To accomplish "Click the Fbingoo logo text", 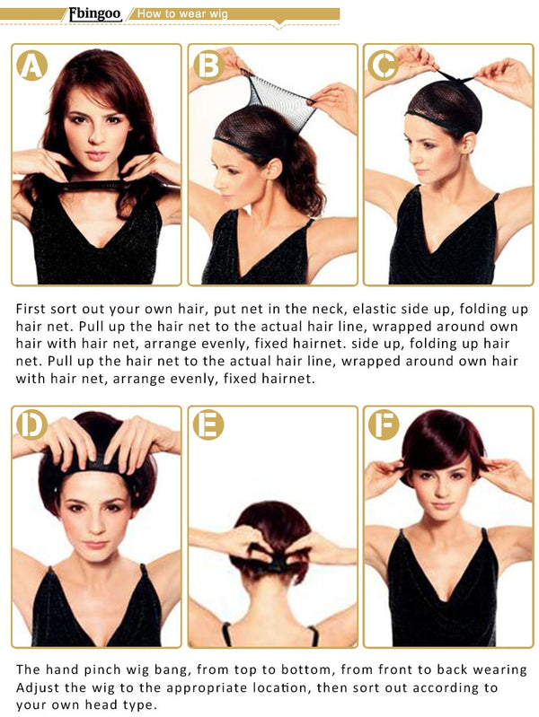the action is click(95, 13).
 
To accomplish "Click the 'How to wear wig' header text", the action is click(182, 13).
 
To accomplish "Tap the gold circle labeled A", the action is click(32, 66).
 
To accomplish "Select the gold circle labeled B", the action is click(208, 66).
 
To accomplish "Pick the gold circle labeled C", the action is click(384, 66).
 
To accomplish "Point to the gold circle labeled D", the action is click(32, 424).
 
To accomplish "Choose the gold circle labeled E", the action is click(208, 424).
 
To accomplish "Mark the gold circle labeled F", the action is click(384, 424).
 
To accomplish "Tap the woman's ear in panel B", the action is click(274, 170).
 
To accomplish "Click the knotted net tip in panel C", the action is click(454, 79).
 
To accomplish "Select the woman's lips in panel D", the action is click(96, 545).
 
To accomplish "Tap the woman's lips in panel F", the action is click(442, 506).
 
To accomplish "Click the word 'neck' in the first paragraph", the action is click(329, 309).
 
